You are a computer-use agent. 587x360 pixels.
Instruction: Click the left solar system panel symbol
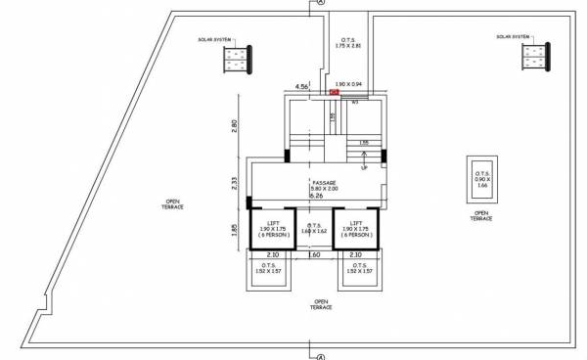point(236,60)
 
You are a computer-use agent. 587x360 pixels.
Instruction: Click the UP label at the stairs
point(365,167)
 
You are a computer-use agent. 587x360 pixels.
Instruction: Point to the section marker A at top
point(320,4)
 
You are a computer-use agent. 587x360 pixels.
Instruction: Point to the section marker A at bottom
point(320,356)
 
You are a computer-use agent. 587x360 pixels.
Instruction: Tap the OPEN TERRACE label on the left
point(174,204)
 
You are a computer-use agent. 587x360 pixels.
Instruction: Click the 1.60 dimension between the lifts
point(315,254)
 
